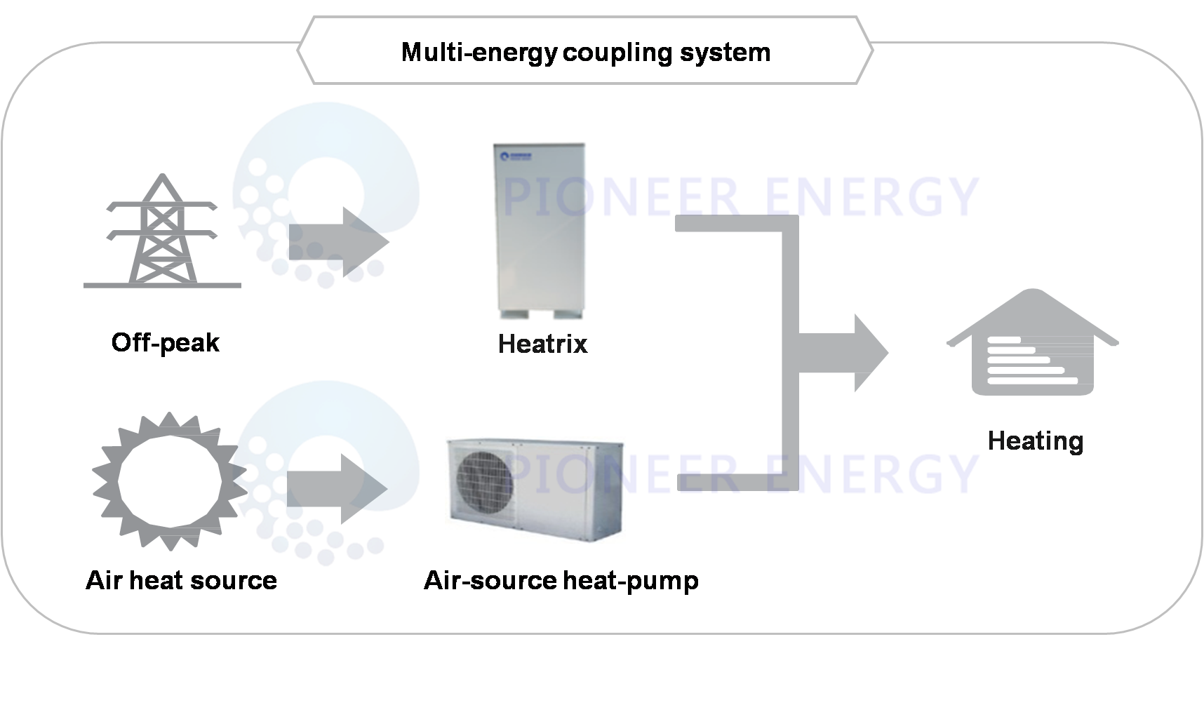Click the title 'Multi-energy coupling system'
coord(585,53)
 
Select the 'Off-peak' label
coord(166,343)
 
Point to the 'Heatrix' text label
coord(542,344)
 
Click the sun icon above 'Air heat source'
coord(168,481)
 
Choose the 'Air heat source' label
coord(181,581)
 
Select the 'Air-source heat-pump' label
coord(561,581)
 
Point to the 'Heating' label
coord(1035,441)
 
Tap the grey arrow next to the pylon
coord(340,241)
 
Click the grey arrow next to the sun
coord(338,488)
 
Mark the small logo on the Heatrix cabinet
coord(516,156)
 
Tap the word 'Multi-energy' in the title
coord(479,53)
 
